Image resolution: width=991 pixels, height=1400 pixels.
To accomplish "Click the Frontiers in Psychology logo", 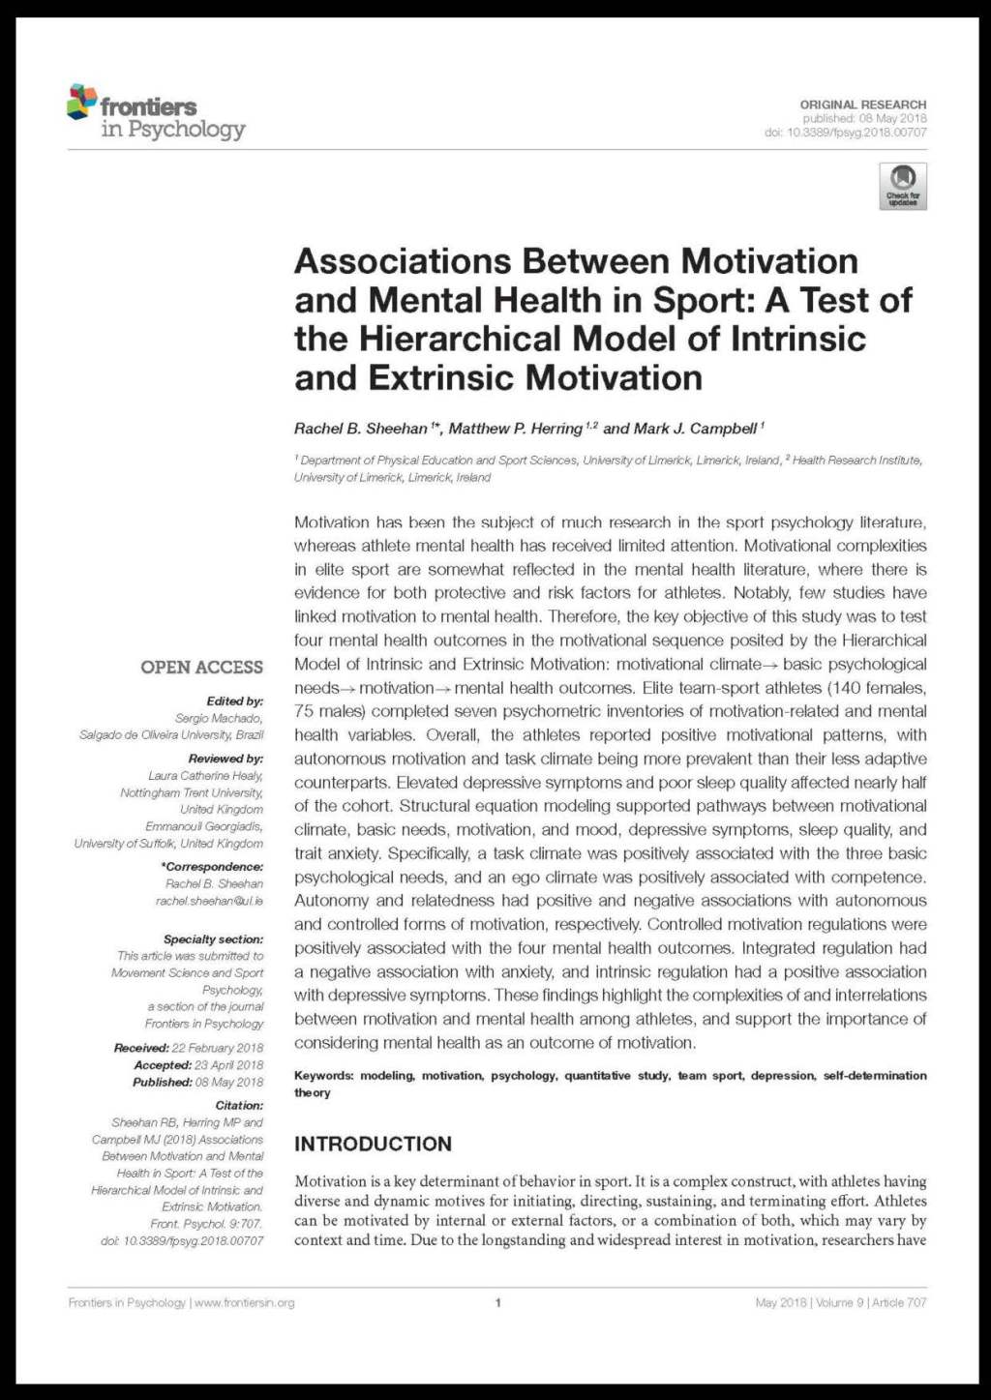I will pos(156,112).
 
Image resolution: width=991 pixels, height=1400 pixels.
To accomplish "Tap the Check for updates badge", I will pos(902,186).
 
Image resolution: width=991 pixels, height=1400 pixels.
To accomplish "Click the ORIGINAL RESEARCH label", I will pos(862,104).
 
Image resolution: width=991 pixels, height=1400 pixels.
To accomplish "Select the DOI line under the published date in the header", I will pos(845,133).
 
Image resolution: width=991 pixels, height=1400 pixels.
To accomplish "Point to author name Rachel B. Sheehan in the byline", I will pos(361,429).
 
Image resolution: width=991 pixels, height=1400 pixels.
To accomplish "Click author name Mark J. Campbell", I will pos(694,429).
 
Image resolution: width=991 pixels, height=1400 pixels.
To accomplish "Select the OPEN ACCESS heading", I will pos(201,667).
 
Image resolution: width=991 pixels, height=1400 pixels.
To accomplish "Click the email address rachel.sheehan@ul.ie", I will pos(209,901).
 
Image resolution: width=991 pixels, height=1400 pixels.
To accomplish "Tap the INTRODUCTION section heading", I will pos(373,1144).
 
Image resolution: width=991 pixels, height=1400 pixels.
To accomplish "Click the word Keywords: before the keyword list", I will pos(323,1076).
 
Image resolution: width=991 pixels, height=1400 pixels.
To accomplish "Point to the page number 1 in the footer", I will pos(497,1302).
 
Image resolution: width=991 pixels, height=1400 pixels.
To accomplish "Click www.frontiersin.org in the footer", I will pos(244,1302).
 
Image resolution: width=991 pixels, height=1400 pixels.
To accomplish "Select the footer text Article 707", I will pos(899,1302).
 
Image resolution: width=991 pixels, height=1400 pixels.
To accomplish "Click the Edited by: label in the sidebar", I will pos(234,700).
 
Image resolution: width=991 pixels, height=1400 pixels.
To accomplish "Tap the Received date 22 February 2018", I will pos(217,1048).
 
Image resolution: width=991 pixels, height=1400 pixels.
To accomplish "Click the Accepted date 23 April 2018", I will pos(228,1065).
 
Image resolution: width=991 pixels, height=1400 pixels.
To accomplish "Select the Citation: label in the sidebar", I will pos(239,1105).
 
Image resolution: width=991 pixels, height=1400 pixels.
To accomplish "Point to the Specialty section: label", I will pos(213,938).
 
